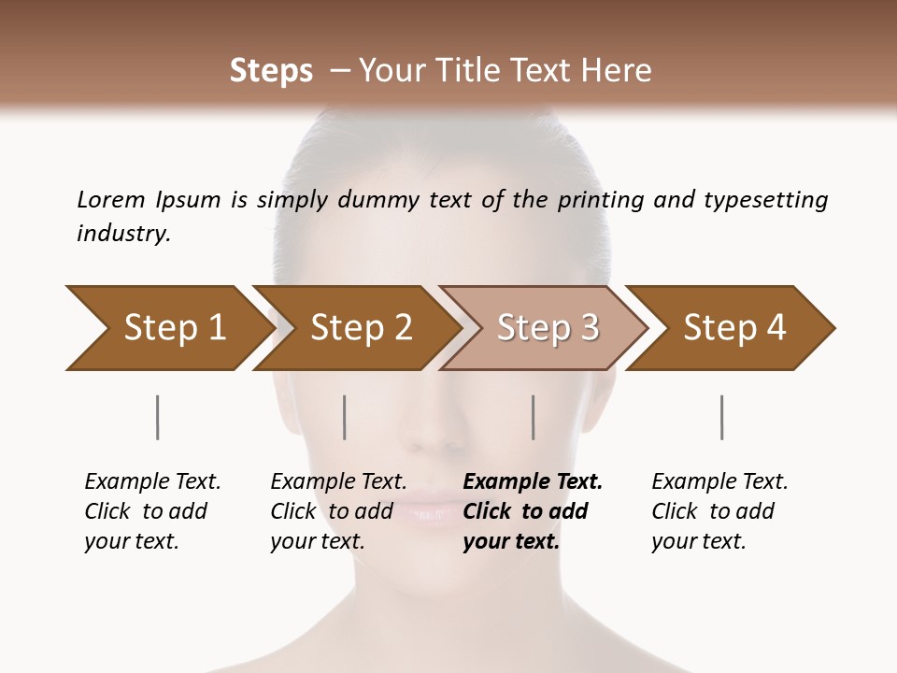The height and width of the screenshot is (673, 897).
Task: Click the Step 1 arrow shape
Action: pos(168,328)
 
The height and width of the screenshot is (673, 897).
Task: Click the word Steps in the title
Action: pos(271,70)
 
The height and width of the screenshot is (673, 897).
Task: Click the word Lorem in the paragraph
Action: pos(111,199)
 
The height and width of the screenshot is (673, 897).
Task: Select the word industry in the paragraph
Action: pos(123,233)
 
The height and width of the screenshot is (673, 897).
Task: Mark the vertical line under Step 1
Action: pos(158,417)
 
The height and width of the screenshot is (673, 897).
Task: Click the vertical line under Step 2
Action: pos(345,417)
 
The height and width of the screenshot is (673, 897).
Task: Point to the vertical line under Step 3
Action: pos(534,417)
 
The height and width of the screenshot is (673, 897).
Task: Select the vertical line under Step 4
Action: pos(722,417)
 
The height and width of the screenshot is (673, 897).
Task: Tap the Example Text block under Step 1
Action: pos(152,511)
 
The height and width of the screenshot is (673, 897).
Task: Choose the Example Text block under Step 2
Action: pos(338,511)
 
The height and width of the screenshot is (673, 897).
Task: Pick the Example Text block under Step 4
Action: pos(719,511)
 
